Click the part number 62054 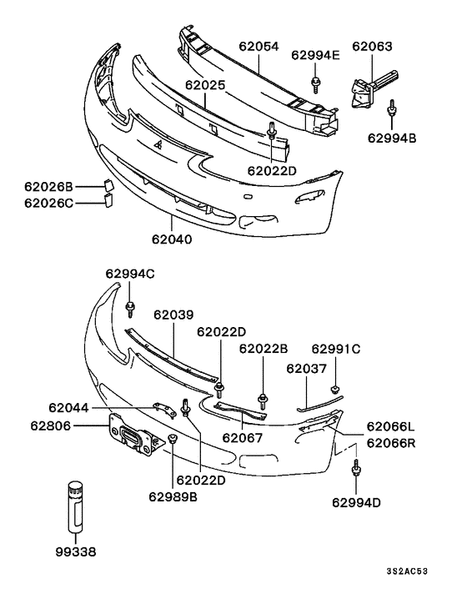point(259,48)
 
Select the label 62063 point(371,47)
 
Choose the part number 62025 point(206,85)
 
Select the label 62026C point(48,203)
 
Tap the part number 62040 point(172,239)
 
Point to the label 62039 point(173,315)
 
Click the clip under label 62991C point(335,387)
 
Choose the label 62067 point(243,436)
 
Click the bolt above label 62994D point(356,470)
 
